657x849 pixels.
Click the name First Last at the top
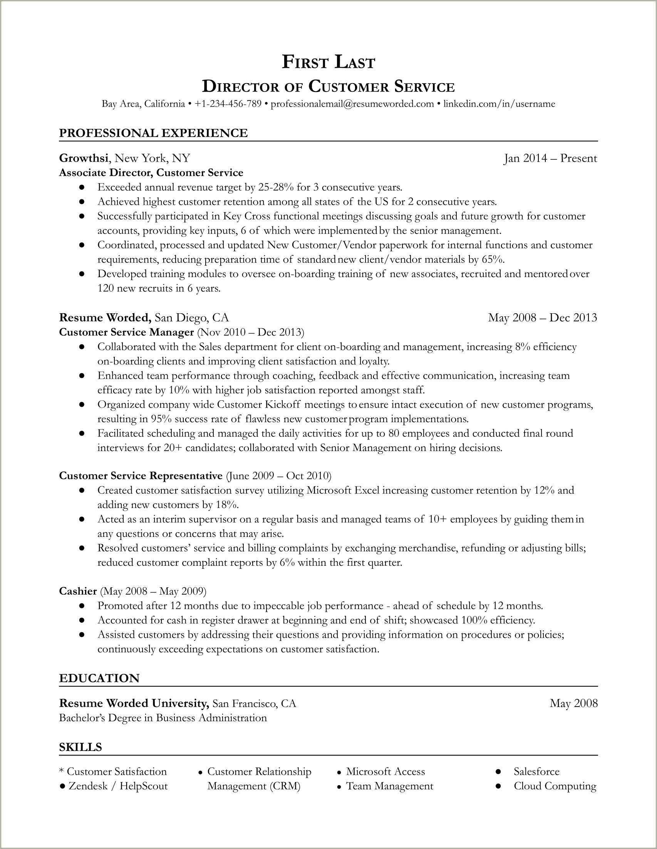click(328, 62)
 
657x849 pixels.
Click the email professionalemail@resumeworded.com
click(352, 104)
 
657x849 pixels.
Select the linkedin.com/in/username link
click(499, 104)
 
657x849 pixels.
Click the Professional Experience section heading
click(153, 133)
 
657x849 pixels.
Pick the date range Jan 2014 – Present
click(550, 158)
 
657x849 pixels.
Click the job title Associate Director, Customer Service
click(151, 172)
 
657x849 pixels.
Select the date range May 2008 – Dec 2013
click(542, 318)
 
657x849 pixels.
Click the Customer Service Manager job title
click(126, 332)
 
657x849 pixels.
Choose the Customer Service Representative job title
click(141, 475)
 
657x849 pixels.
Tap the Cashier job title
click(78, 591)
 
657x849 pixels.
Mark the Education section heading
click(99, 679)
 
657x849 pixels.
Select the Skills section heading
click(80, 747)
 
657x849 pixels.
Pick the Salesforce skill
click(536, 771)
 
